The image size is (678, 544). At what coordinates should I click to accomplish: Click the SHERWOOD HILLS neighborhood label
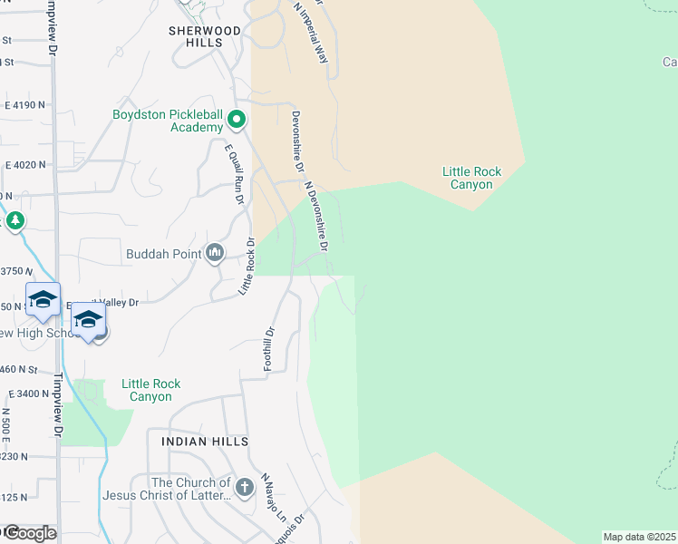coord(205,36)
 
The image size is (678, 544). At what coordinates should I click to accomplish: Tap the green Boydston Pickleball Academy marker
coord(237,119)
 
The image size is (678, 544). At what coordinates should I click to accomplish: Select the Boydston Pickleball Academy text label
coord(167,121)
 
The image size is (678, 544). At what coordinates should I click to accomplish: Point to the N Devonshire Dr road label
coord(316,216)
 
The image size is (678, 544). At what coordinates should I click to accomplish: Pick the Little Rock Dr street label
coord(247,266)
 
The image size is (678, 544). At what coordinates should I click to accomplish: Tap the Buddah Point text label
coord(163,254)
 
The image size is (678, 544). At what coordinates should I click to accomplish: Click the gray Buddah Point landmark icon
coord(215,253)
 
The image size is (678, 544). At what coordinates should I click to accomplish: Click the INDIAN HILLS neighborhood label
coord(204,441)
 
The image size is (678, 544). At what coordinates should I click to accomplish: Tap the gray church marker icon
coord(244,489)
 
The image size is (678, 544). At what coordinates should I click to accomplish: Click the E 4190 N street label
coord(24,106)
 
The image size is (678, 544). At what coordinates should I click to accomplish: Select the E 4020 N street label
coord(24,165)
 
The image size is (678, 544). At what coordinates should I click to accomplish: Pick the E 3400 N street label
coord(26,393)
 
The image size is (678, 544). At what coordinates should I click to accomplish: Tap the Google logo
coord(30,533)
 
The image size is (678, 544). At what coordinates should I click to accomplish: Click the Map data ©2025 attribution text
coord(638,537)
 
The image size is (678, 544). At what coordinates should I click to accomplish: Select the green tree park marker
coord(15,220)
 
